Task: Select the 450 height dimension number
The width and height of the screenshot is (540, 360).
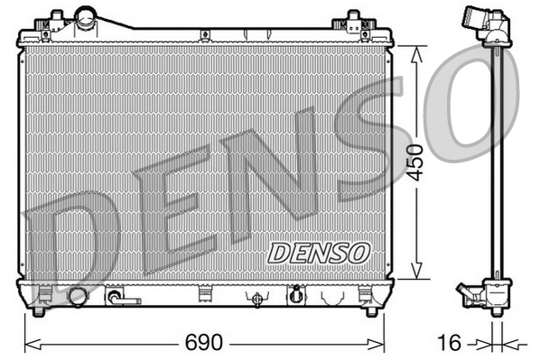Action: (415, 162)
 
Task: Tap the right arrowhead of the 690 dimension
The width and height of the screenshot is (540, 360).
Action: (380, 344)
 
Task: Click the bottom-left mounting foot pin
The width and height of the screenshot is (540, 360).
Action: (40, 312)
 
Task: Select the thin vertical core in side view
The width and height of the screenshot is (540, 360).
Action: (495, 162)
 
